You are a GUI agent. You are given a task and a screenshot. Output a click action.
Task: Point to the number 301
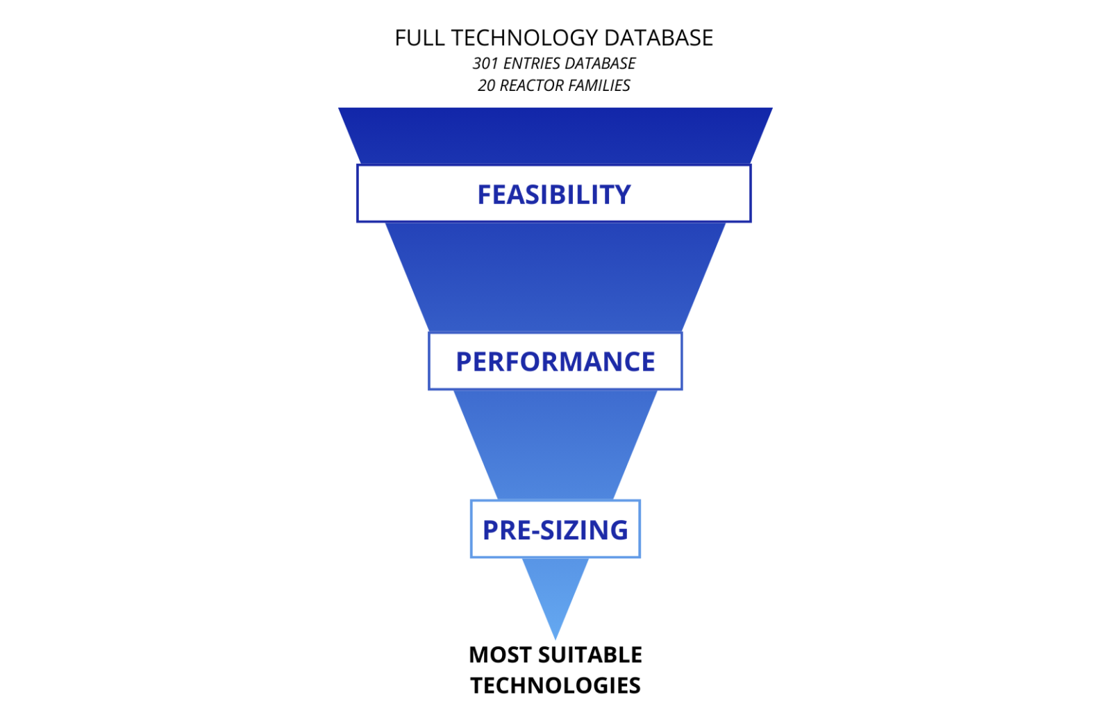[x=485, y=63]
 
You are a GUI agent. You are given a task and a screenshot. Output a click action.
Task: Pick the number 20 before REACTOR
[x=487, y=85]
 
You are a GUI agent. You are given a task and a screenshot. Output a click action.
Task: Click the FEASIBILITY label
[x=554, y=194]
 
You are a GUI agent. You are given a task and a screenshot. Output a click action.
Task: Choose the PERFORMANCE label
[x=555, y=362]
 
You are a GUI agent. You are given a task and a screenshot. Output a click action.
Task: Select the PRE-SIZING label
[x=555, y=530]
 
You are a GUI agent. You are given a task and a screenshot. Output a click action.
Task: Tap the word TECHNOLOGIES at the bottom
[x=555, y=685]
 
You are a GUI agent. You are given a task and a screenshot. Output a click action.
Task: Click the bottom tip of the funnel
[x=555, y=639]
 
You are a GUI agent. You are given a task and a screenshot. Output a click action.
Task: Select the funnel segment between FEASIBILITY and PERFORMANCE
[x=555, y=277]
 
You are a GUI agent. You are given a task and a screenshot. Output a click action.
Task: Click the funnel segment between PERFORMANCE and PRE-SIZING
[x=555, y=445]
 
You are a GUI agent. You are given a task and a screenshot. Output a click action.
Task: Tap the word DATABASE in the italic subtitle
[x=601, y=63]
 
